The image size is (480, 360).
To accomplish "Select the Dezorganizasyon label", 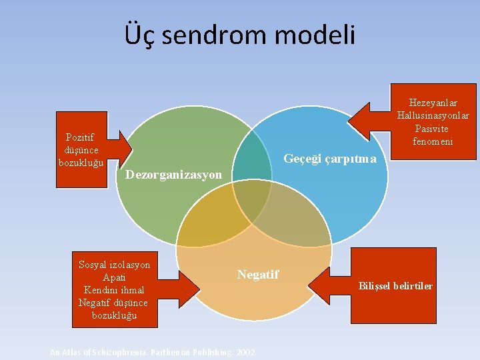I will click(173, 175).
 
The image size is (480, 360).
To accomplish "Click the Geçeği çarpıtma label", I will click(330, 159).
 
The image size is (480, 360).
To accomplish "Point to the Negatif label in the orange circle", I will click(258, 274).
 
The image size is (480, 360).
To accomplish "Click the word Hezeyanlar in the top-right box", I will click(433, 103).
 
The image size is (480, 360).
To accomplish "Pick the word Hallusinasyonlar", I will click(433, 115).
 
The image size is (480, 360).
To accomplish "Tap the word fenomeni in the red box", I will click(433, 141).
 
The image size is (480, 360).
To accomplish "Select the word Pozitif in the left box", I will click(79, 138).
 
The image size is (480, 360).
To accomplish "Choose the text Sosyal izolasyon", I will click(115, 265).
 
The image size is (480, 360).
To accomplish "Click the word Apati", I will click(115, 277).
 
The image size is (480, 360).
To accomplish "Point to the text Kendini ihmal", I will click(114, 290).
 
